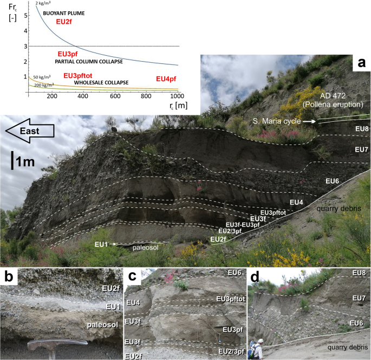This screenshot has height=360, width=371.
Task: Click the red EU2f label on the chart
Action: pyautogui.click(x=64, y=22)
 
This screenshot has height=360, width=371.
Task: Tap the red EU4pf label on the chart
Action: pyautogui.click(x=166, y=79)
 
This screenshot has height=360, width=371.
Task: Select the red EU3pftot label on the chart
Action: pyautogui.click(x=78, y=76)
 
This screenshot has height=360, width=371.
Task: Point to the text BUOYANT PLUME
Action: pyautogui.click(x=64, y=13)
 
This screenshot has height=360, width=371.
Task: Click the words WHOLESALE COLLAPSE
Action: pyautogui.click(x=101, y=82)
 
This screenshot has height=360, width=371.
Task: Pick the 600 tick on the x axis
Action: pyautogui.click(x=115, y=96)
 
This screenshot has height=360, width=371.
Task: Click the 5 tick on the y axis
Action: pyautogui.click(x=25, y=16)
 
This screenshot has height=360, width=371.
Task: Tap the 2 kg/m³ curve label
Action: pyautogui.click(x=43, y=3)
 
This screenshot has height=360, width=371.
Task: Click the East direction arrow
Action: pyautogui.click(x=30, y=131)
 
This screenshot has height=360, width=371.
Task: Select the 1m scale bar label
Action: pyautogui.click(x=25, y=162)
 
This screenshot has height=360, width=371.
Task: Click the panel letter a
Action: pyautogui.click(x=362, y=63)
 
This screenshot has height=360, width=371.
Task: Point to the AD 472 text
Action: pyautogui.click(x=333, y=96)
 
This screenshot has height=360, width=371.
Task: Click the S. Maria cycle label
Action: pyautogui.click(x=277, y=121)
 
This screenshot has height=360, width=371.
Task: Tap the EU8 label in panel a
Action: pyautogui.click(x=362, y=129)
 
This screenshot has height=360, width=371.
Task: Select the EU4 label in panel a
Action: pyautogui.click(x=296, y=202)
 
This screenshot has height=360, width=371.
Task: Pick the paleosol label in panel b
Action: pyautogui.click(x=102, y=325)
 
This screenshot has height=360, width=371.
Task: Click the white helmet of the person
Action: pyautogui.click(x=261, y=341)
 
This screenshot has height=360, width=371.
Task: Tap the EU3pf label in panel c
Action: pyautogui.click(x=233, y=330)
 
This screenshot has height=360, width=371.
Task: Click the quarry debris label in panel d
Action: pyautogui.click(x=347, y=348)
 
